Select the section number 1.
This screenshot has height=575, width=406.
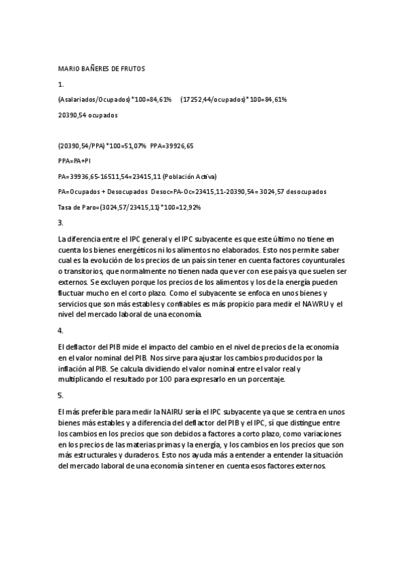[61, 84]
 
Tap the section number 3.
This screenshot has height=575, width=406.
[61, 222]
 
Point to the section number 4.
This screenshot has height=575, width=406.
[61, 331]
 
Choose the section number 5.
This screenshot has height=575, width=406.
[61, 395]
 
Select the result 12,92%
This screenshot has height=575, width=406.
[188, 207]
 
